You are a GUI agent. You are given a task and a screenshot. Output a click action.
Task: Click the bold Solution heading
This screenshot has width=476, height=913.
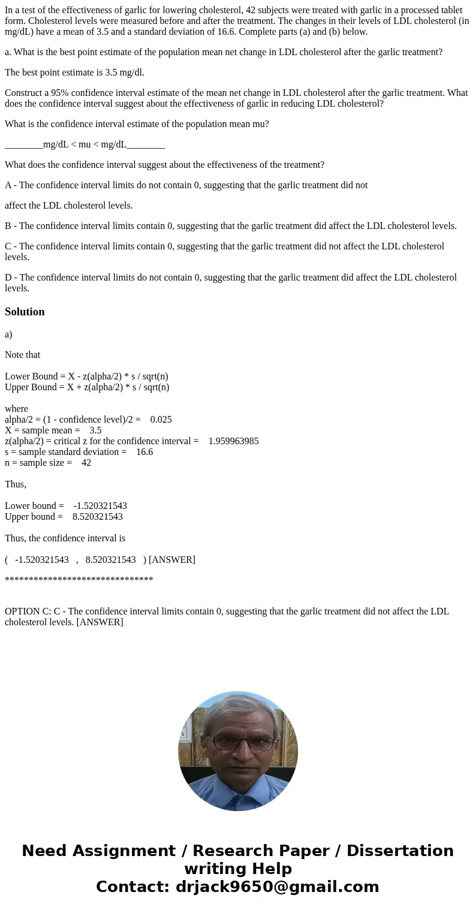pyautogui.click(x=25, y=312)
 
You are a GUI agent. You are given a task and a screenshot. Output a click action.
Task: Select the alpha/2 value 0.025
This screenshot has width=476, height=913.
pyautogui.click(x=161, y=420)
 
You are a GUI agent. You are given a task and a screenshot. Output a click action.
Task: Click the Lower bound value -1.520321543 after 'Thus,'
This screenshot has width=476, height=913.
pyautogui.click(x=100, y=506)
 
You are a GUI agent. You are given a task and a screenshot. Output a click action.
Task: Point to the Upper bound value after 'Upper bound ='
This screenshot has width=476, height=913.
pyautogui.click(x=97, y=517)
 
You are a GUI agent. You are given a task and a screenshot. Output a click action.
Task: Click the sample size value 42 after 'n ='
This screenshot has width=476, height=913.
pyautogui.click(x=86, y=463)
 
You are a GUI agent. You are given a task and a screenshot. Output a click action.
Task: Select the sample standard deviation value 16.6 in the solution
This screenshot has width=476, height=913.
pyautogui.click(x=144, y=452)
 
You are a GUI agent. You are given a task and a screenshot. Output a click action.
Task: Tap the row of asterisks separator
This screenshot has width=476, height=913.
pyautogui.click(x=79, y=580)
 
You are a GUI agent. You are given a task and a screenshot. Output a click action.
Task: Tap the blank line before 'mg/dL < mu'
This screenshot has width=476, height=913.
pyautogui.click(x=23, y=144)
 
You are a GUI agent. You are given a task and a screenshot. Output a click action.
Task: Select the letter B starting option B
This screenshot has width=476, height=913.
pyautogui.click(x=8, y=226)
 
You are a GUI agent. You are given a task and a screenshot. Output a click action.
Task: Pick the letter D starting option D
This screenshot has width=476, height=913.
pyautogui.click(x=8, y=278)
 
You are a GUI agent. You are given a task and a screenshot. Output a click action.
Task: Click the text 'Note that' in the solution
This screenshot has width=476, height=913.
pyautogui.click(x=23, y=355)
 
